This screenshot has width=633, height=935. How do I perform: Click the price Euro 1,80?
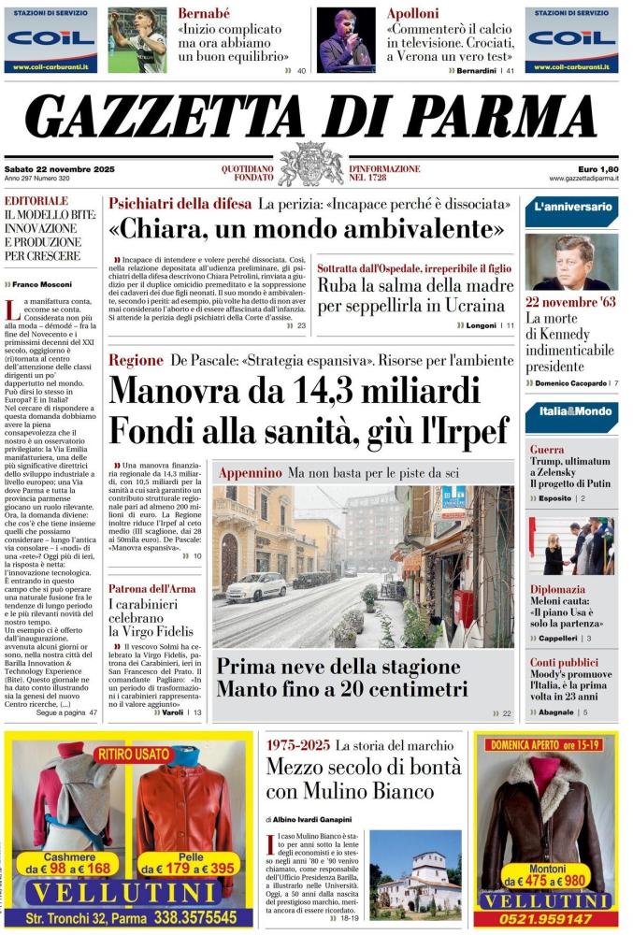(x=597, y=168)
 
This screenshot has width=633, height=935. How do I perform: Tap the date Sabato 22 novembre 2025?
(x=53, y=168)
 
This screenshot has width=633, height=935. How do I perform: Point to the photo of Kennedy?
(x=570, y=261)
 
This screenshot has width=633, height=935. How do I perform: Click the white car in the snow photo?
(x=256, y=586)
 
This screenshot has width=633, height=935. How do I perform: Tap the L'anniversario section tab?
(x=571, y=208)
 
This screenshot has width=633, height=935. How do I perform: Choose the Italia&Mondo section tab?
(x=571, y=411)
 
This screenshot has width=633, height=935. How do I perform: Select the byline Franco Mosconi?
(x=44, y=283)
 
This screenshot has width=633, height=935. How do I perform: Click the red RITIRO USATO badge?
(x=133, y=753)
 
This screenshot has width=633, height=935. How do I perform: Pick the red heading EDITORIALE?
(x=37, y=200)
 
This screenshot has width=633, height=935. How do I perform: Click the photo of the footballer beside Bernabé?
(x=137, y=40)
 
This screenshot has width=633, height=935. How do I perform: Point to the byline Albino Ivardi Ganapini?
(x=316, y=819)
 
